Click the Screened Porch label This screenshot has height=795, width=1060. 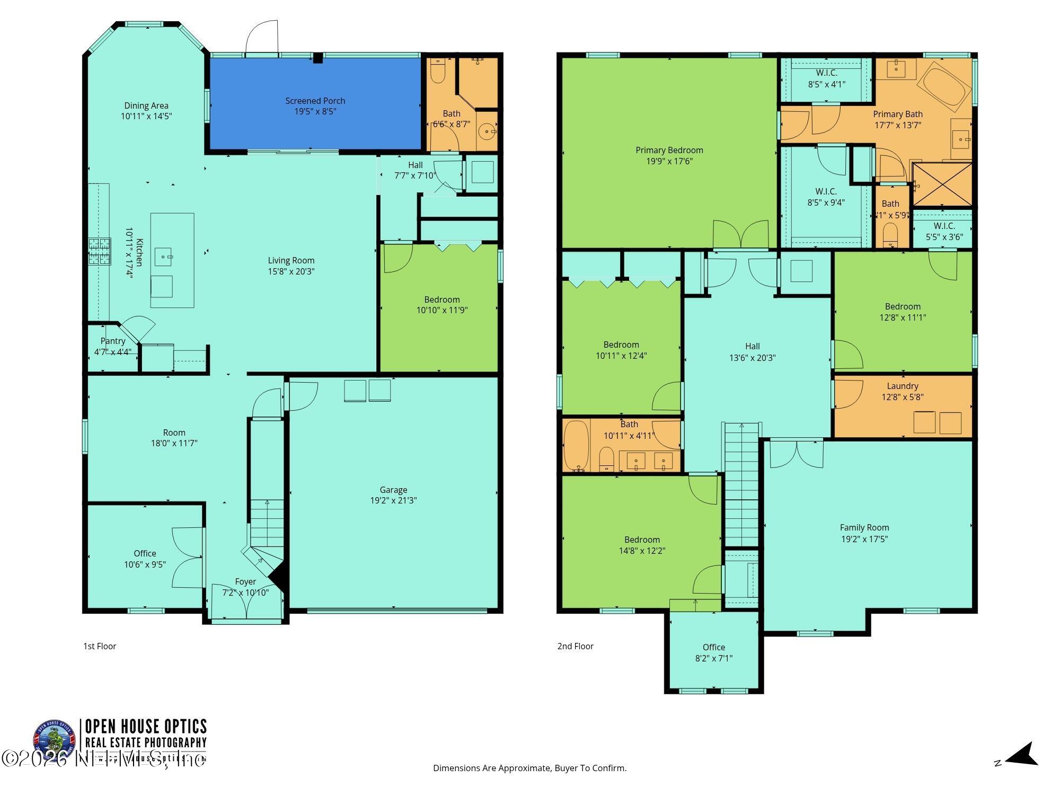click(315, 101)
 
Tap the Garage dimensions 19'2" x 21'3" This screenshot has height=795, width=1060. click(393, 500)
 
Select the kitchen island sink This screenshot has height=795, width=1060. click(163, 257)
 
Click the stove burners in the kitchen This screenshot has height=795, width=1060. click(100, 251)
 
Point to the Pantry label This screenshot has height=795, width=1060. click(113, 341)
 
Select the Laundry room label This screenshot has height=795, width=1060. click(902, 386)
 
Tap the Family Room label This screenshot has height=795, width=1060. click(864, 527)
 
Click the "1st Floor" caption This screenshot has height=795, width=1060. click(100, 646)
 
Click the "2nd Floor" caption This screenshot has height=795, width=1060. click(575, 646)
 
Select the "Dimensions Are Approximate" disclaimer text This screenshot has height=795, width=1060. click(529, 768)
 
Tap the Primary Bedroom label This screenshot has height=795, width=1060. click(669, 150)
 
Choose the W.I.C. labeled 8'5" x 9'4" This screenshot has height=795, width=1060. click(826, 197)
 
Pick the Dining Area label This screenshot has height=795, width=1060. click(146, 105)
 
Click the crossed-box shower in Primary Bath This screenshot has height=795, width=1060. click(942, 184)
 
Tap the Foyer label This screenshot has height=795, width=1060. click(245, 581)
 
